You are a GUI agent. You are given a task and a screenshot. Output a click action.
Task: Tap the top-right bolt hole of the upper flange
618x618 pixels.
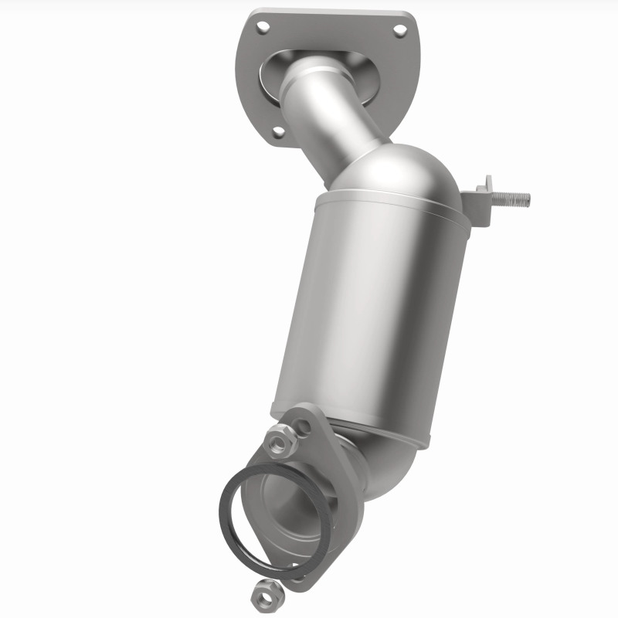pyautogui.click(x=399, y=30)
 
